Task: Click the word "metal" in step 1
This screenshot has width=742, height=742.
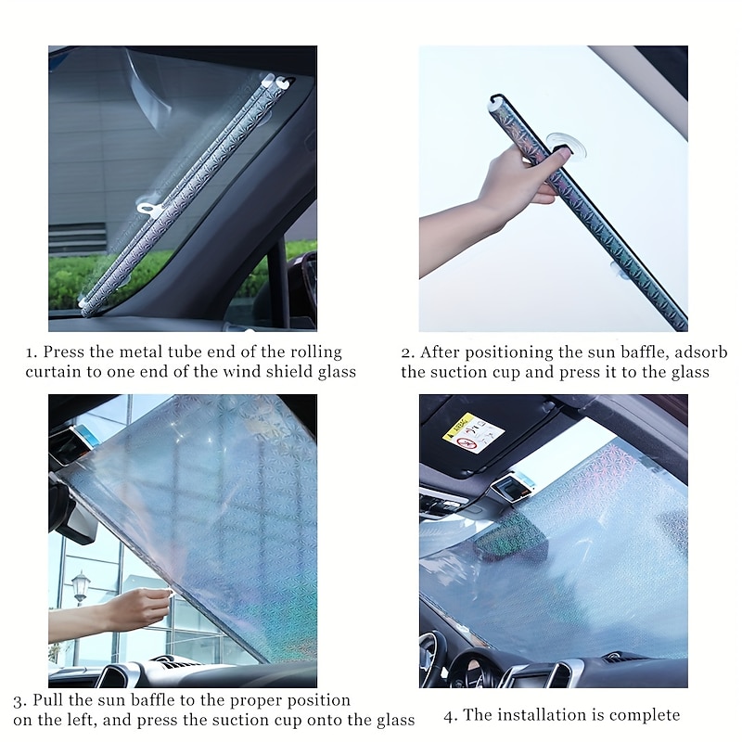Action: (x=135, y=352)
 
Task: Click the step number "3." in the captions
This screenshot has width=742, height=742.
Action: (x=19, y=701)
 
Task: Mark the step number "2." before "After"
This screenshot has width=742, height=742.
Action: (x=408, y=353)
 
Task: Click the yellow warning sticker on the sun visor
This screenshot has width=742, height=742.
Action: (x=473, y=433)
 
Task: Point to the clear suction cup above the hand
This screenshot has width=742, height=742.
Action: (x=567, y=147)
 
